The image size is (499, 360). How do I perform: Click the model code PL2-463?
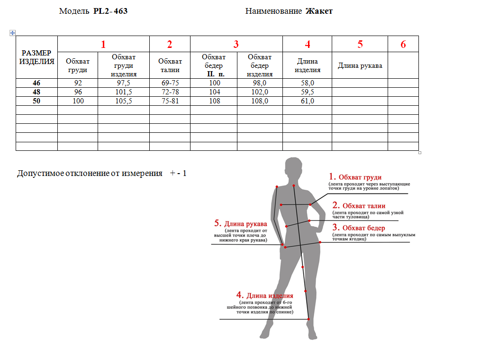click(110, 11)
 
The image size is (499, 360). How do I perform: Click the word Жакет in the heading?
click(319, 11)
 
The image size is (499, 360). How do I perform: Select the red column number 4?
click(308, 44)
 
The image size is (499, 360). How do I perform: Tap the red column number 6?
click(403, 44)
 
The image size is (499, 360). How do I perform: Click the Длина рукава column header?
click(360, 65)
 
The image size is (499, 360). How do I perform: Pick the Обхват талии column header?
click(170, 65)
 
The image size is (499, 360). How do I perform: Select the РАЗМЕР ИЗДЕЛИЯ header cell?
click(36, 57)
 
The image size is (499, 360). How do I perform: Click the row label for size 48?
click(36, 92)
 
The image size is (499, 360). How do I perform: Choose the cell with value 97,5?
click(124, 83)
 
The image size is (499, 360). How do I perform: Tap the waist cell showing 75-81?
click(170, 101)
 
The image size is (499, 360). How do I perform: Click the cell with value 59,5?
click(308, 92)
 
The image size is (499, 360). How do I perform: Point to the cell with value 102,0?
click(260, 92)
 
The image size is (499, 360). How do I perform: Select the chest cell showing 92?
click(78, 83)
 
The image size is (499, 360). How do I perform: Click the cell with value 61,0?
click(308, 101)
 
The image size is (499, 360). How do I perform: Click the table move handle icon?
click(12, 33)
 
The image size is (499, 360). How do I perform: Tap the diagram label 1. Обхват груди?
click(355, 177)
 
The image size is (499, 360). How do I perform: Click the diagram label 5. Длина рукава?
click(241, 223)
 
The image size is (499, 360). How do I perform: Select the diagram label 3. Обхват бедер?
click(359, 228)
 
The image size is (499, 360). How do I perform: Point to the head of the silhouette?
click(293, 169)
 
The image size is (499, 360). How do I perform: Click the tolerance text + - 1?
click(178, 173)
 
